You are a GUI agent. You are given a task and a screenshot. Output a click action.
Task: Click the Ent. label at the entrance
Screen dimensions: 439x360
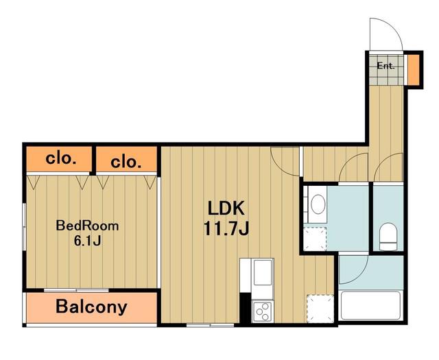tap(385, 66)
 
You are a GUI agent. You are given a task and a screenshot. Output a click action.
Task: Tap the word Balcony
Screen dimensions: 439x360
tap(91, 307)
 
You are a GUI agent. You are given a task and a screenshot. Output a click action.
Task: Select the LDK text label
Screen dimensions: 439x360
tap(226, 208)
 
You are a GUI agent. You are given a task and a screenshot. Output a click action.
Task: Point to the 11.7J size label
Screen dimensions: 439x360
tap(226, 229)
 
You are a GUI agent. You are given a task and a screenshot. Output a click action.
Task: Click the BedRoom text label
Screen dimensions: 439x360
tap(87, 226)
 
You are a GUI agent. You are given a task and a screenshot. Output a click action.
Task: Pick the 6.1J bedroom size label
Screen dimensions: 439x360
tap(87, 241)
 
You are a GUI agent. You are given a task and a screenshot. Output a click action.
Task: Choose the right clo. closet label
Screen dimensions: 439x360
tap(126, 162)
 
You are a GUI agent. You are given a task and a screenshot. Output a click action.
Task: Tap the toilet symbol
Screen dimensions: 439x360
tap(388, 237)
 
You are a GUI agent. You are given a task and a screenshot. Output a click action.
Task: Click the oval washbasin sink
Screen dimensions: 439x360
tap(318, 204)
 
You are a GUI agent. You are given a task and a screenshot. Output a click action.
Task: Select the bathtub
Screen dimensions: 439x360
tap(370, 305)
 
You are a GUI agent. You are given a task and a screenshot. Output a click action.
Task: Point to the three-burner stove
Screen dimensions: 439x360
tap(262, 311)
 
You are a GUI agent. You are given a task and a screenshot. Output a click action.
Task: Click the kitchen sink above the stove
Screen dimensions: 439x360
tap(262, 272)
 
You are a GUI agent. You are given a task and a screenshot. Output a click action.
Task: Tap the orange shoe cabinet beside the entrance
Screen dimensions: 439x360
tap(413, 70)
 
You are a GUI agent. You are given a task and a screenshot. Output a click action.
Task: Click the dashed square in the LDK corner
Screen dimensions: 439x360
tap(320, 309)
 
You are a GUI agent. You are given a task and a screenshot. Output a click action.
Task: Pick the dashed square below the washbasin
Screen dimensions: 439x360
tap(315, 239)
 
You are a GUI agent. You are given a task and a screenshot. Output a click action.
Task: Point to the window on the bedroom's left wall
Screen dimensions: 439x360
tap(25, 227)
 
